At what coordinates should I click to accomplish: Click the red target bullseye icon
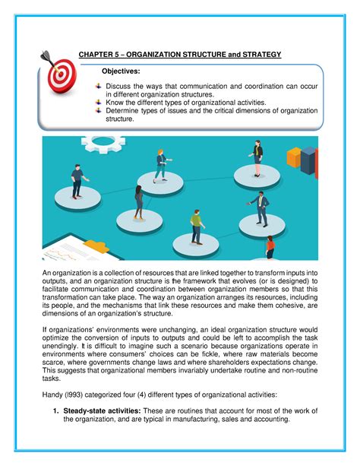58,74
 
